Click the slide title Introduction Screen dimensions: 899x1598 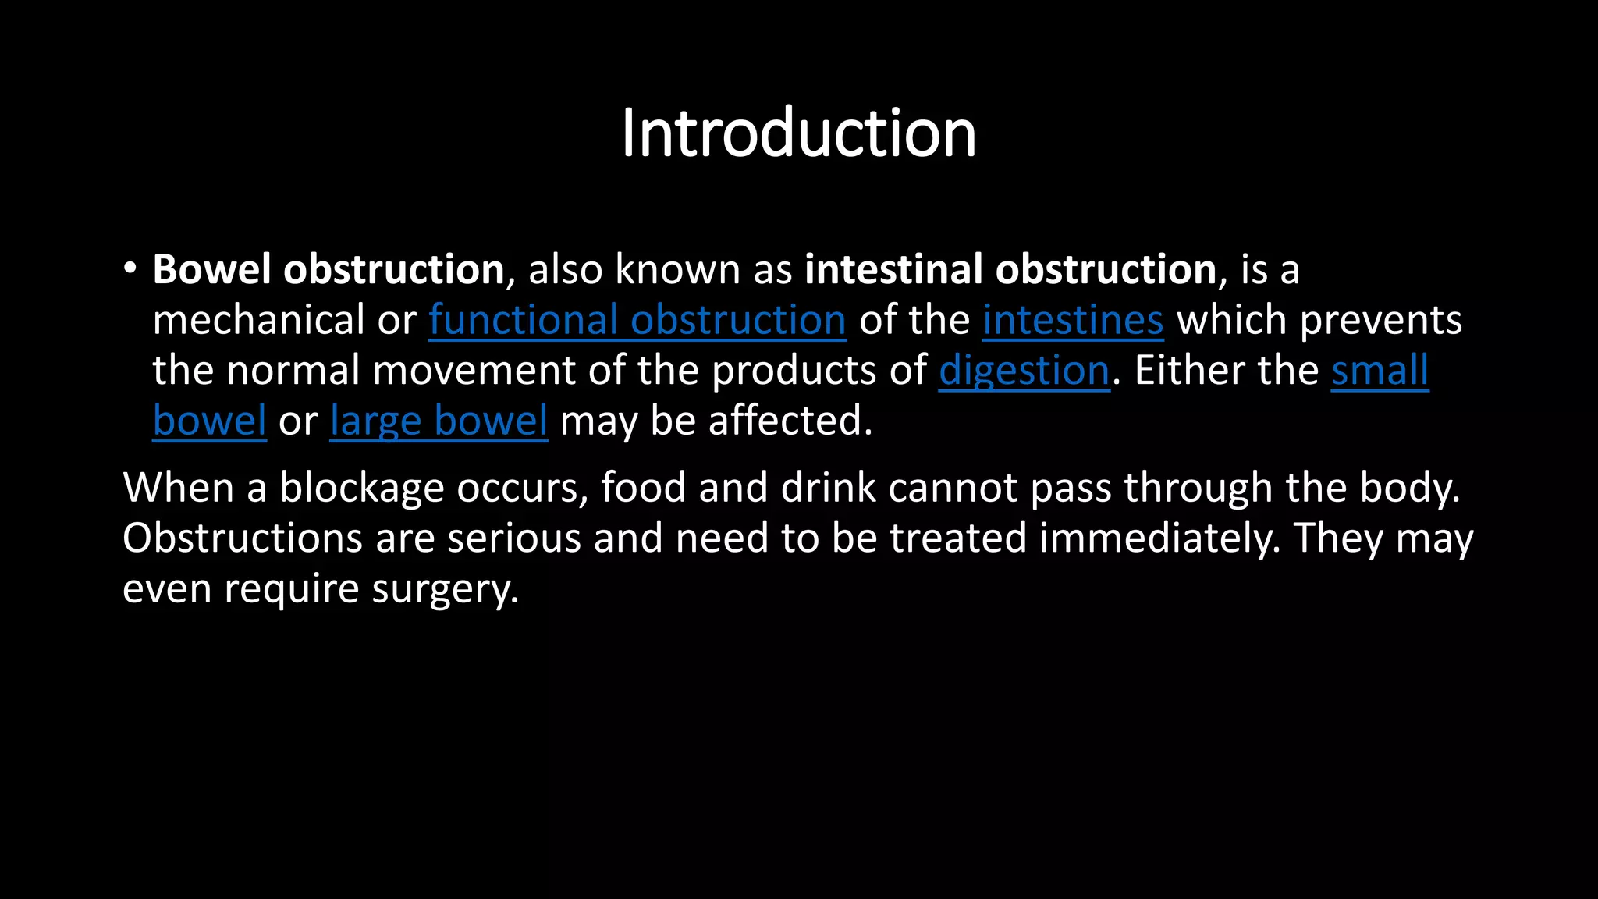point(798,133)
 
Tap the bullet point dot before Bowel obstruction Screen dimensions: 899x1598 point(130,269)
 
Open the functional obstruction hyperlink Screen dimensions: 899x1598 point(637,320)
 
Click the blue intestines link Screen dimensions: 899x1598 point(1072,320)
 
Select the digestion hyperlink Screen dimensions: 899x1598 point(1024,371)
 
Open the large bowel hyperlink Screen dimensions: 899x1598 point(439,421)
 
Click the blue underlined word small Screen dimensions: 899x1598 point(1380,370)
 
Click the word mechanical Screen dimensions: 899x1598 point(259,320)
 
